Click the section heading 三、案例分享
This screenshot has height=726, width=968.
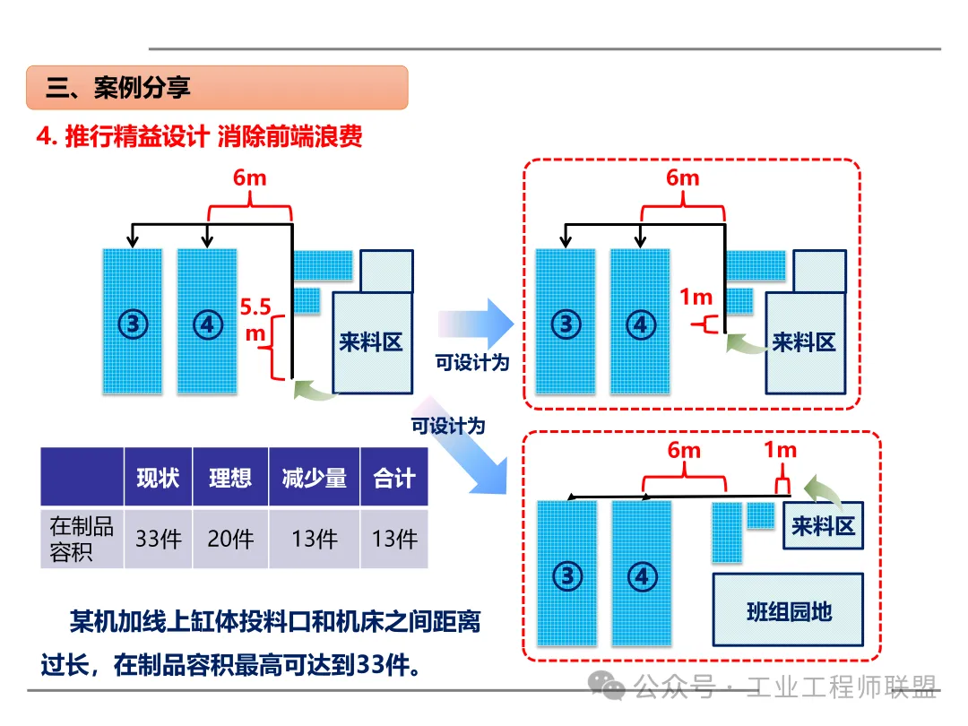(x=118, y=88)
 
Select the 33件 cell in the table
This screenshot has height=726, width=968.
(x=159, y=539)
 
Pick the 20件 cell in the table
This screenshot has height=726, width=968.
(x=230, y=539)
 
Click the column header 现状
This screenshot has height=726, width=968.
(x=159, y=478)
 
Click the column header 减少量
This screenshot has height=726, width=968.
(x=314, y=478)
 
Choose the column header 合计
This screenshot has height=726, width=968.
(x=394, y=478)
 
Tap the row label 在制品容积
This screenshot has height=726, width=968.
(x=82, y=539)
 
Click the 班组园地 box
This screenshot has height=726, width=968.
(x=789, y=611)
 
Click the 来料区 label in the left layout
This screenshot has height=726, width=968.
(x=371, y=341)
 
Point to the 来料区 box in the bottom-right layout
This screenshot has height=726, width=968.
(x=824, y=526)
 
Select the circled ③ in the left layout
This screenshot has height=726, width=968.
(x=133, y=323)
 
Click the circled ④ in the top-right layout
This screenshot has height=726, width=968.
(x=640, y=324)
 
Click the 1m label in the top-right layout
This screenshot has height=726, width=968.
(x=696, y=297)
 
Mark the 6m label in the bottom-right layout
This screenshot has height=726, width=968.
(x=684, y=450)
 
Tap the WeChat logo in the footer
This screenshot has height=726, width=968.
(x=613, y=687)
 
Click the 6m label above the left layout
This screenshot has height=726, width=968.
(x=250, y=177)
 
